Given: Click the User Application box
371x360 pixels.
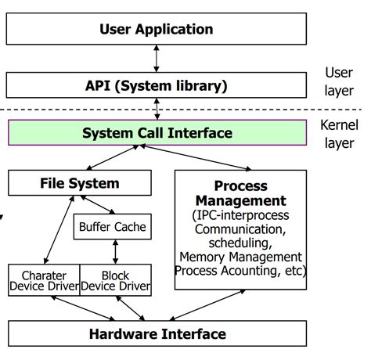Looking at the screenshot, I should point(157,30).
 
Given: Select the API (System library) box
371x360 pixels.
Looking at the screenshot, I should point(157,85).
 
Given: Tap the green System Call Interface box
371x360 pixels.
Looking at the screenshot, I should point(157,132).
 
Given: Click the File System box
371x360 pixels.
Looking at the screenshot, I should point(79,184).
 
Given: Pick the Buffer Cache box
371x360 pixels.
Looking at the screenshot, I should point(113,228).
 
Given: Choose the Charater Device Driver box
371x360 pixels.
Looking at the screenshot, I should point(44,280).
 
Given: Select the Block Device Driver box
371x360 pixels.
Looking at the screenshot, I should point(115,280).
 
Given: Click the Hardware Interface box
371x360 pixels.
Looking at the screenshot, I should point(157,334).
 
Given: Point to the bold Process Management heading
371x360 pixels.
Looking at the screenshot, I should point(240,193).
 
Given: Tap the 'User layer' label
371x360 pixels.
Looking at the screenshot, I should point(339,81).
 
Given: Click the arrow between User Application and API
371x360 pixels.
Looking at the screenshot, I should point(157,58).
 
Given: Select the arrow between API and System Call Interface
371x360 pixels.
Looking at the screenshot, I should point(157,107).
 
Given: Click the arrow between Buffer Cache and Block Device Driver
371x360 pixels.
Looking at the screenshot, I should point(116,252).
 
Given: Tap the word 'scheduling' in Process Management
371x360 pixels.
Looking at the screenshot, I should point(240,243).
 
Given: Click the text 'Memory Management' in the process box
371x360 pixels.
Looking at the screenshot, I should point(240,257).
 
